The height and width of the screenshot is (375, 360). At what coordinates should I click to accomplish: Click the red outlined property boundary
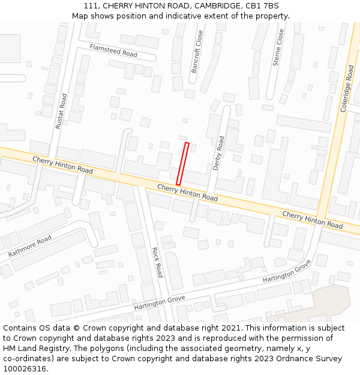[183, 164]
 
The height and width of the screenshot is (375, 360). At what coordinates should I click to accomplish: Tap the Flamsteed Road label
[113, 50]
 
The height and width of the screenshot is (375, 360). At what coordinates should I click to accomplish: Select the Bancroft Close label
[197, 52]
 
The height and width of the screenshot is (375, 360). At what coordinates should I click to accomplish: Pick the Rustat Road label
[61, 111]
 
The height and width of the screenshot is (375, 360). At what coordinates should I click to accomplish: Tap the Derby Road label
[219, 154]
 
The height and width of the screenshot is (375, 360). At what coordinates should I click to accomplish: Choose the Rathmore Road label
[30, 247]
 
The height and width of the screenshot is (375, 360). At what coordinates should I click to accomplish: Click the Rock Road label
[157, 262]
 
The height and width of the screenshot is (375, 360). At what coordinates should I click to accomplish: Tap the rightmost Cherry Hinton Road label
[312, 220]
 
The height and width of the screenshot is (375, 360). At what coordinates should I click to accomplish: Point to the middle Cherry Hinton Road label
[187, 193]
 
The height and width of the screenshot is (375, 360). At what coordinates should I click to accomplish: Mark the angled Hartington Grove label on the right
[287, 272]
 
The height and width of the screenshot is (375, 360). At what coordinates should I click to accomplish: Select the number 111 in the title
[92, 6]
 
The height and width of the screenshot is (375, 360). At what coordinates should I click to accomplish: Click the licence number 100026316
[25, 369]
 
